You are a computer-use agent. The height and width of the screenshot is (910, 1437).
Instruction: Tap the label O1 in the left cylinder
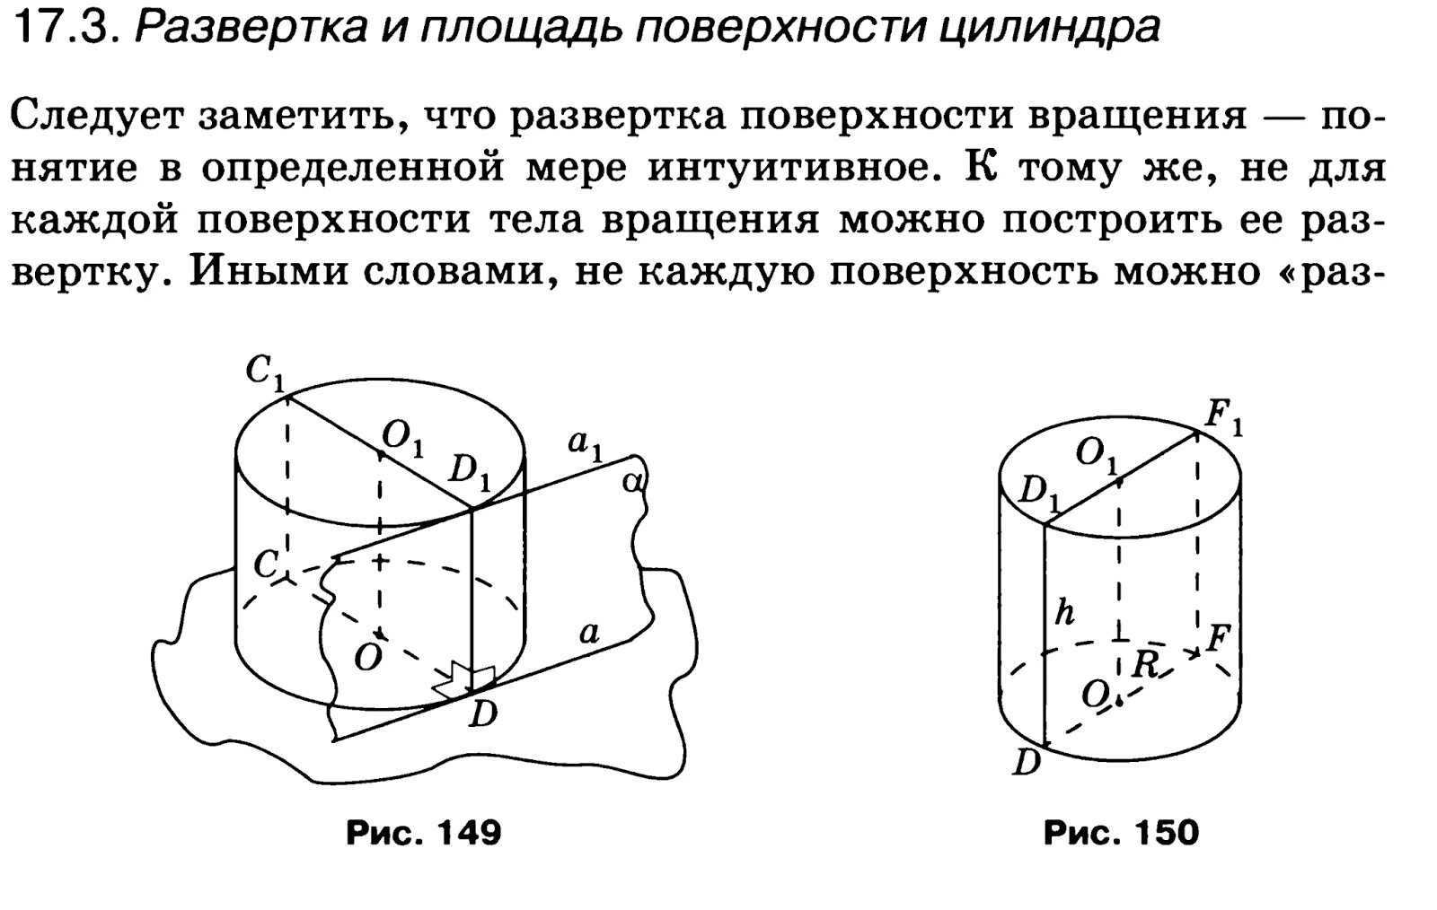point(401,437)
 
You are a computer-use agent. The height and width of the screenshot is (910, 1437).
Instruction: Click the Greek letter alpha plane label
point(633,482)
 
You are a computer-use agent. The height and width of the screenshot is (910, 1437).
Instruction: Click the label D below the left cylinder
point(483,713)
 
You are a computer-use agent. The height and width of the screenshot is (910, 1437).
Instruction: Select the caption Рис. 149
point(423,833)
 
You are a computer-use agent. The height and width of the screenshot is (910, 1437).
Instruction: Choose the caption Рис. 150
point(1120,833)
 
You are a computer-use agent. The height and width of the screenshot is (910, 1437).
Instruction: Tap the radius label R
point(1144,665)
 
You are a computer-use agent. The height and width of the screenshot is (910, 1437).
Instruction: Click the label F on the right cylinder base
point(1218,638)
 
